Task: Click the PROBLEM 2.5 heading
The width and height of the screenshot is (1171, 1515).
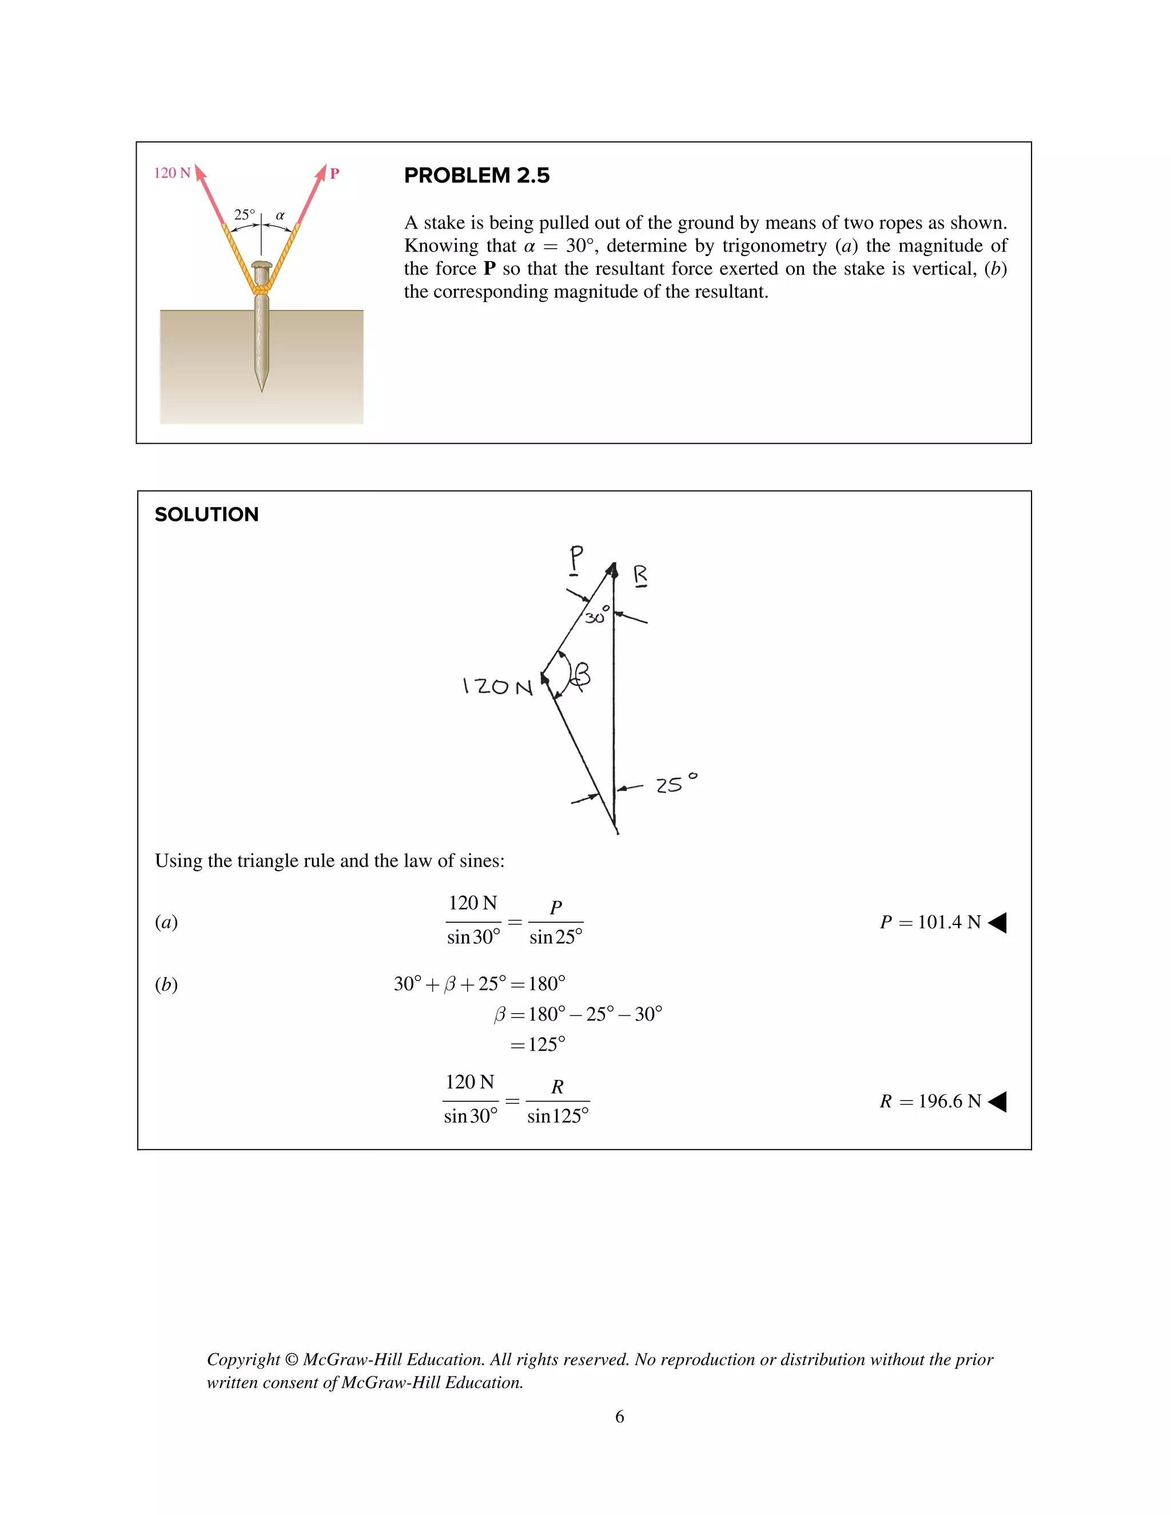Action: pos(477,176)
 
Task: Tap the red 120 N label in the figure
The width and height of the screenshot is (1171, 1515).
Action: pos(172,173)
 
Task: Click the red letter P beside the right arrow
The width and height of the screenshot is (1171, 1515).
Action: pos(334,173)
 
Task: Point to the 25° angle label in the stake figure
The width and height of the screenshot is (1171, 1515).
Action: pos(244,214)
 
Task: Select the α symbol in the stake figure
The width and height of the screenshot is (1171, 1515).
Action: pos(280,215)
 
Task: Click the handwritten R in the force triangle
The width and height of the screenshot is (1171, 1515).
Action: pos(640,575)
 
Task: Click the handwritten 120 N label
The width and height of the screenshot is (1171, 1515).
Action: pos(497,687)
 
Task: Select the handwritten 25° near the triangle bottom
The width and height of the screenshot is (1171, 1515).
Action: pos(676,784)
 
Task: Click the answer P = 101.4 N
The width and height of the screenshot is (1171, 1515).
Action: pos(930,922)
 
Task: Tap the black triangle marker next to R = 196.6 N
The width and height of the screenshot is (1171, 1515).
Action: pos(997,1101)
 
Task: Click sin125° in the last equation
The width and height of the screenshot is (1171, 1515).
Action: pos(557,1116)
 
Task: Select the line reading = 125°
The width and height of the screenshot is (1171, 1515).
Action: pos(537,1044)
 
